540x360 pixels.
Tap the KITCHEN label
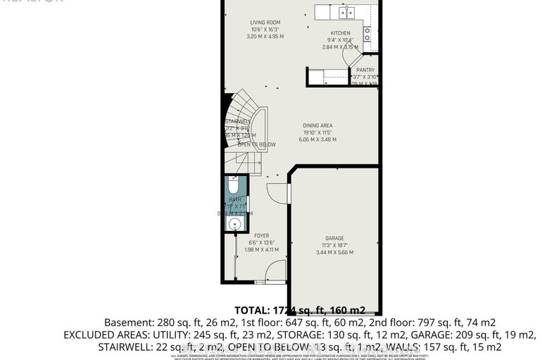[x=341, y=33]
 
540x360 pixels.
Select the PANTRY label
[x=365, y=70]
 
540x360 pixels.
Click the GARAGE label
[x=334, y=238]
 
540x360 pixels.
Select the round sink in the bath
[x=234, y=225]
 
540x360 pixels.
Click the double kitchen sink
[x=345, y=12]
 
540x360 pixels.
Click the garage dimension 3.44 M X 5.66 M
[x=334, y=252]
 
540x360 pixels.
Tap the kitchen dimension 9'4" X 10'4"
[x=341, y=40]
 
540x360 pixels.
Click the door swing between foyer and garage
[x=277, y=191]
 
